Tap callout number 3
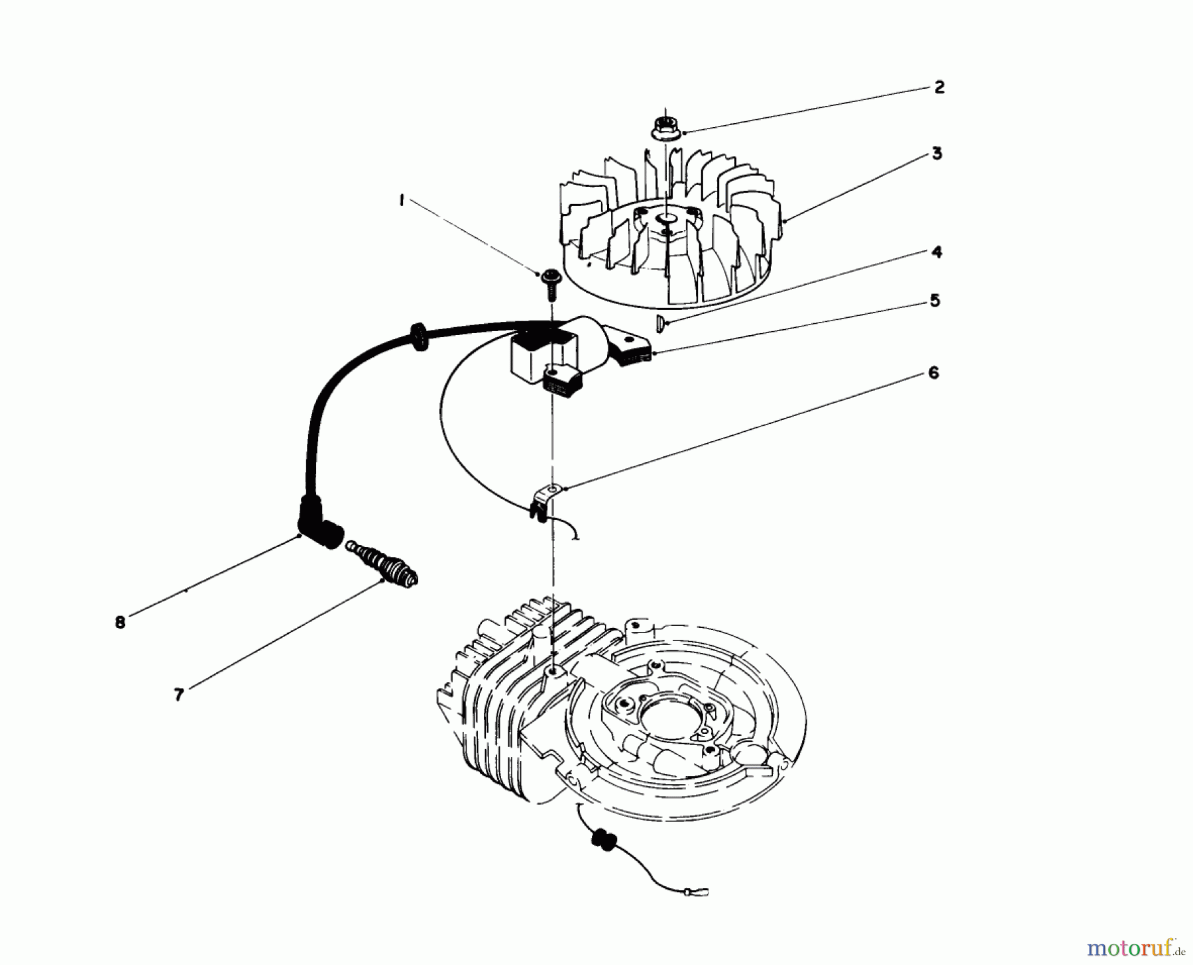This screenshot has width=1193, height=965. click(x=937, y=154)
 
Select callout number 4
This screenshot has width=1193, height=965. click(x=937, y=252)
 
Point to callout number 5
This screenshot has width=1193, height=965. click(x=935, y=301)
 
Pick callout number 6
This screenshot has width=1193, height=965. click(x=933, y=374)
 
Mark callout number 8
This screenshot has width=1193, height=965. click(x=120, y=623)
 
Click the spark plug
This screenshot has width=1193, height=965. click(x=382, y=565)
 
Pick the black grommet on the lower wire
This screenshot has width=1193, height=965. click(x=600, y=839)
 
